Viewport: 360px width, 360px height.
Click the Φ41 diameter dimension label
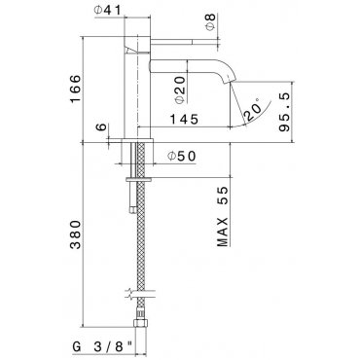click(107, 10)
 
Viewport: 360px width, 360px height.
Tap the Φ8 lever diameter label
click(210, 22)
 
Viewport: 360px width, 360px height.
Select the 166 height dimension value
click(75, 89)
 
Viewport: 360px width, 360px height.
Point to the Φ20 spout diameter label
click(180, 90)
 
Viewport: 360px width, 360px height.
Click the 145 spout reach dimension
click(184, 120)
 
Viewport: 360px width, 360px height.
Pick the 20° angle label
click(254, 110)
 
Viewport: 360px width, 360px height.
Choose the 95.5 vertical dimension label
click(284, 112)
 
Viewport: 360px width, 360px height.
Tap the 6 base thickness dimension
click(101, 126)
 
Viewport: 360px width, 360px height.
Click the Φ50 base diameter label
click(182, 157)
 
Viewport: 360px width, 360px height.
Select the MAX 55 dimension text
click(223, 216)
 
